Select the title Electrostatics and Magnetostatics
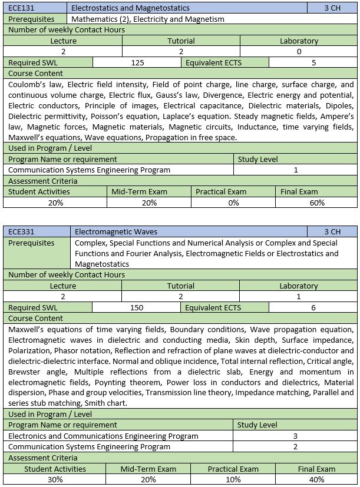pyautogui.click(x=131, y=8)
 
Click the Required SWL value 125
pyautogui.click(x=138, y=62)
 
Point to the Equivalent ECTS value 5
pyautogui.click(x=313, y=62)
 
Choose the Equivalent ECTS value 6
pyautogui.click(x=313, y=307)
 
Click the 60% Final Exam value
pyautogui.click(x=317, y=203)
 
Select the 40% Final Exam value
pyautogui.click(x=317, y=480)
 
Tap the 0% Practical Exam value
pyautogui.click(x=233, y=203)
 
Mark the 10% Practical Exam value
pyautogui.click(x=233, y=480)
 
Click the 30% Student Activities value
pyautogui.click(x=55, y=480)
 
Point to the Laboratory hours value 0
pyautogui.click(x=299, y=52)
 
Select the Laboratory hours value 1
pyautogui.click(x=299, y=297)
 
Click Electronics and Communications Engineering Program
pyautogui.click(x=103, y=436)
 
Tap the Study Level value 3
pyautogui.click(x=295, y=436)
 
